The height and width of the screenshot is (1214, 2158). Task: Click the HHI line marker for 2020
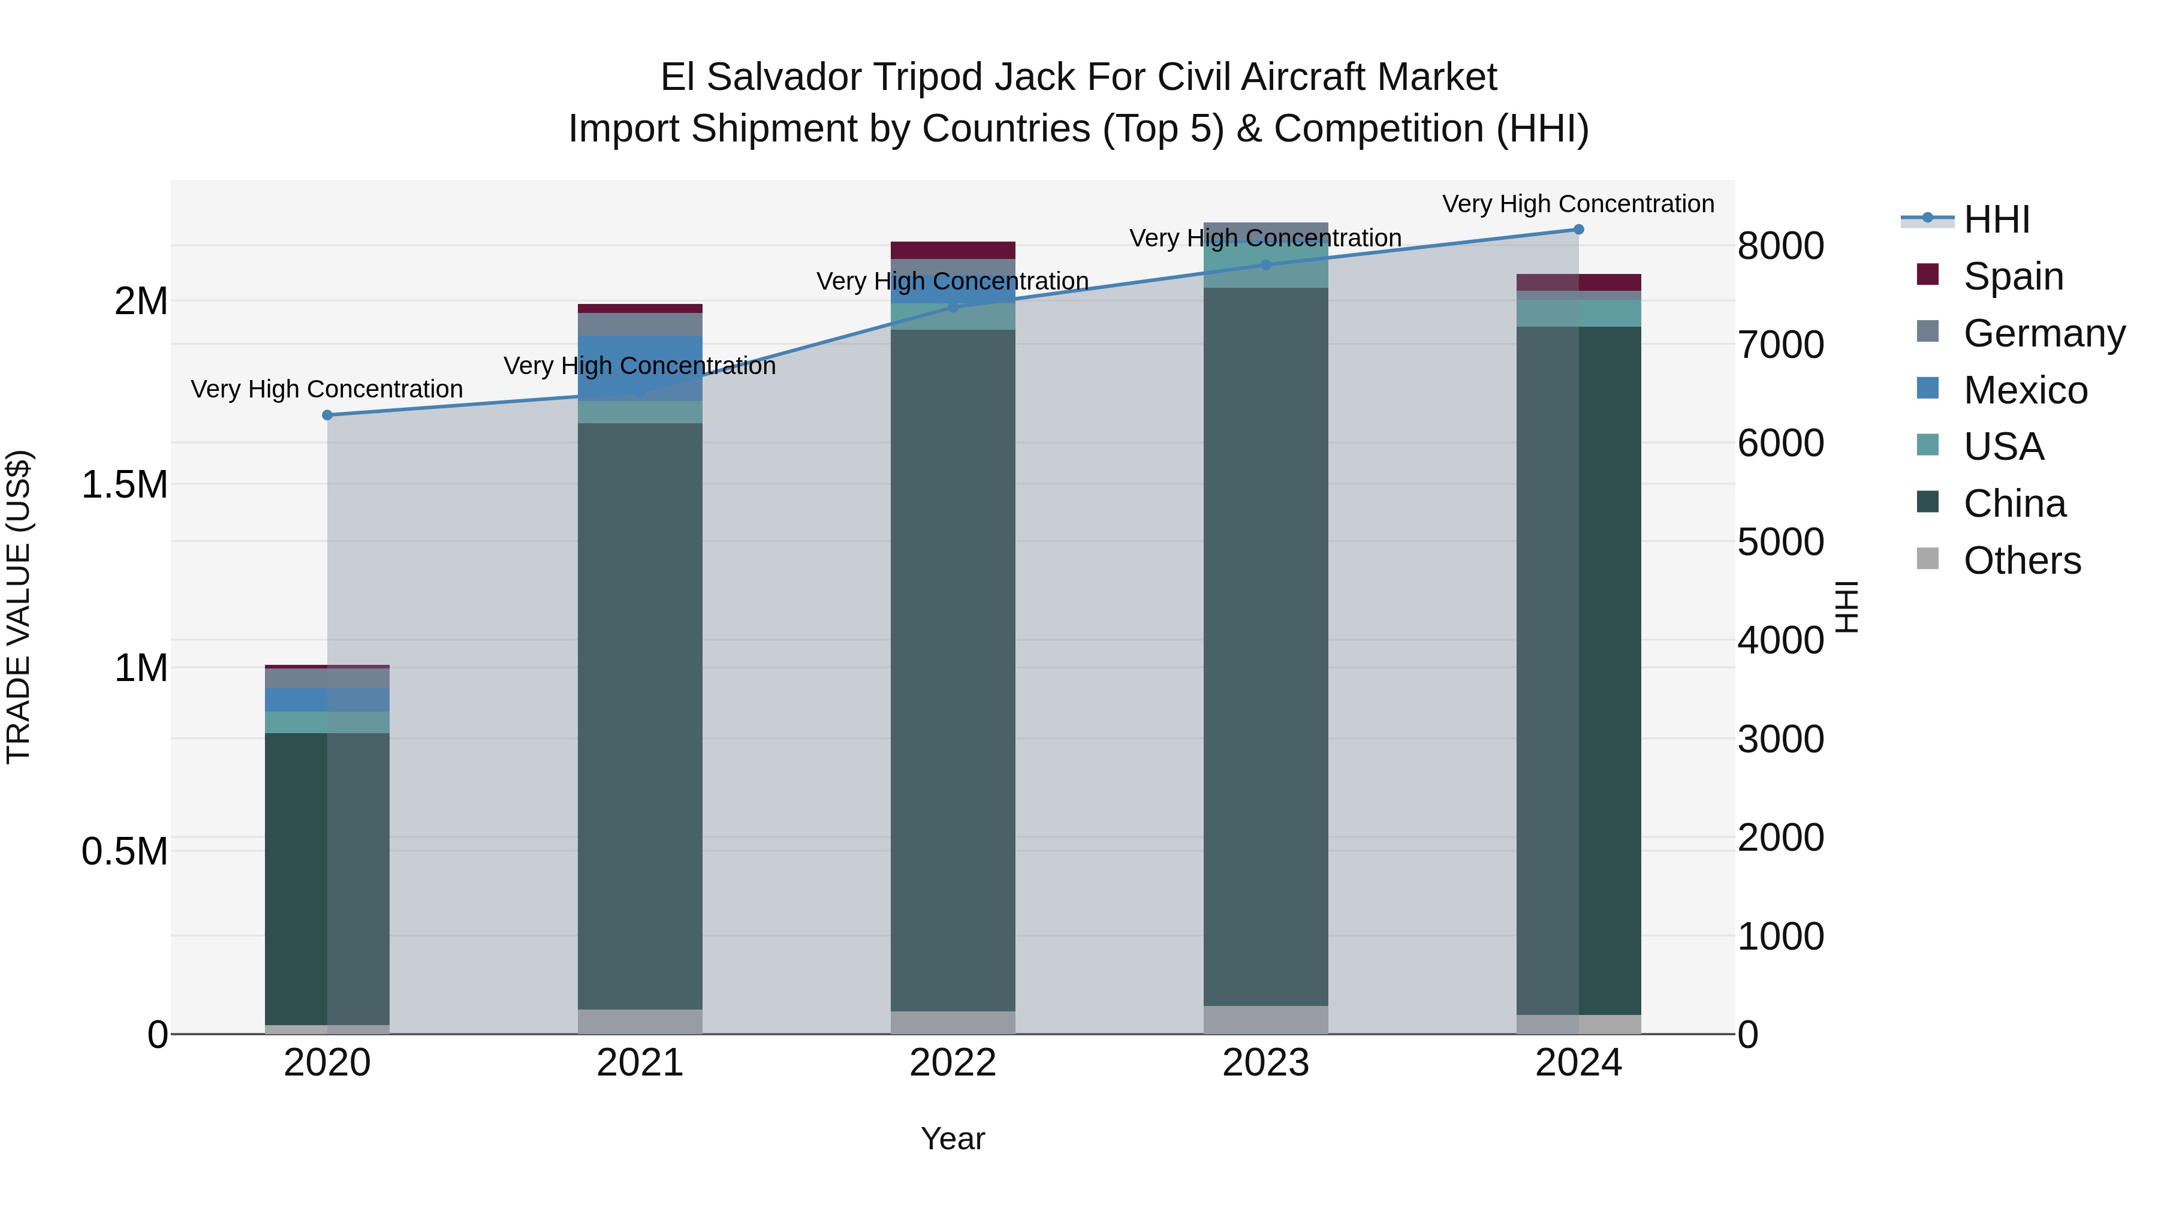click(x=327, y=415)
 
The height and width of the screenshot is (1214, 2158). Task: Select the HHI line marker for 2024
click(x=1578, y=230)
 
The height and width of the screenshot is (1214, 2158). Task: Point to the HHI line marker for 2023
click(x=1266, y=265)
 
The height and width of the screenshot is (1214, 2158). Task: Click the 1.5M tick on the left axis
click(x=125, y=485)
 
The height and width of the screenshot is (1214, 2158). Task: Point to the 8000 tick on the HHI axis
click(x=1780, y=246)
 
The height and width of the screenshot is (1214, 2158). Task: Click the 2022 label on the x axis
click(x=953, y=1063)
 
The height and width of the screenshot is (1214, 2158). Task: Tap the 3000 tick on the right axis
click(x=1780, y=740)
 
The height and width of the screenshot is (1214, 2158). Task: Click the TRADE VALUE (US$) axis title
click(x=19, y=607)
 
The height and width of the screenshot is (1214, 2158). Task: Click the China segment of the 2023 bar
click(x=1266, y=645)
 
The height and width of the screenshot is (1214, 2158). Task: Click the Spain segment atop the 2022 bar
click(x=953, y=249)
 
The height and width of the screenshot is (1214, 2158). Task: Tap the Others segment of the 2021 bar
click(x=640, y=1022)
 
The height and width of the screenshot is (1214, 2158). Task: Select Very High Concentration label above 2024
click(x=1578, y=204)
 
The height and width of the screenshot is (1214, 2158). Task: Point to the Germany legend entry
click(x=2044, y=333)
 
